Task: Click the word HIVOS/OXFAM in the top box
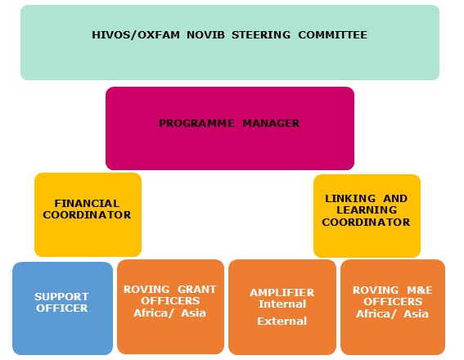click(136, 35)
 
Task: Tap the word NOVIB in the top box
click(205, 35)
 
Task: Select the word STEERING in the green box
click(261, 35)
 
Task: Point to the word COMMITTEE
click(332, 35)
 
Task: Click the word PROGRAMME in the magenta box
click(196, 123)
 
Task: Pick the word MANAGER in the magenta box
click(271, 123)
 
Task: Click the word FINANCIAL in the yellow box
click(87, 204)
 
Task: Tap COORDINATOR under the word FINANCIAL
click(87, 214)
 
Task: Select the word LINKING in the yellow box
click(350, 199)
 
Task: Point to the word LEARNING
click(367, 210)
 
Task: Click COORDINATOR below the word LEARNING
click(366, 223)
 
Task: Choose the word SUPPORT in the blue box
click(61, 297)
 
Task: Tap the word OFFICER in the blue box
click(62, 308)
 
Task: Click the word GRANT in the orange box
click(197, 290)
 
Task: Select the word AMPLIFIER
click(282, 293)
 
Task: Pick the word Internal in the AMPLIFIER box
click(282, 304)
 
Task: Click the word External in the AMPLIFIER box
click(282, 322)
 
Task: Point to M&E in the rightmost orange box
click(420, 290)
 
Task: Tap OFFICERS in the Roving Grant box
click(170, 301)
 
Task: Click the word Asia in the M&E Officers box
click(416, 314)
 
